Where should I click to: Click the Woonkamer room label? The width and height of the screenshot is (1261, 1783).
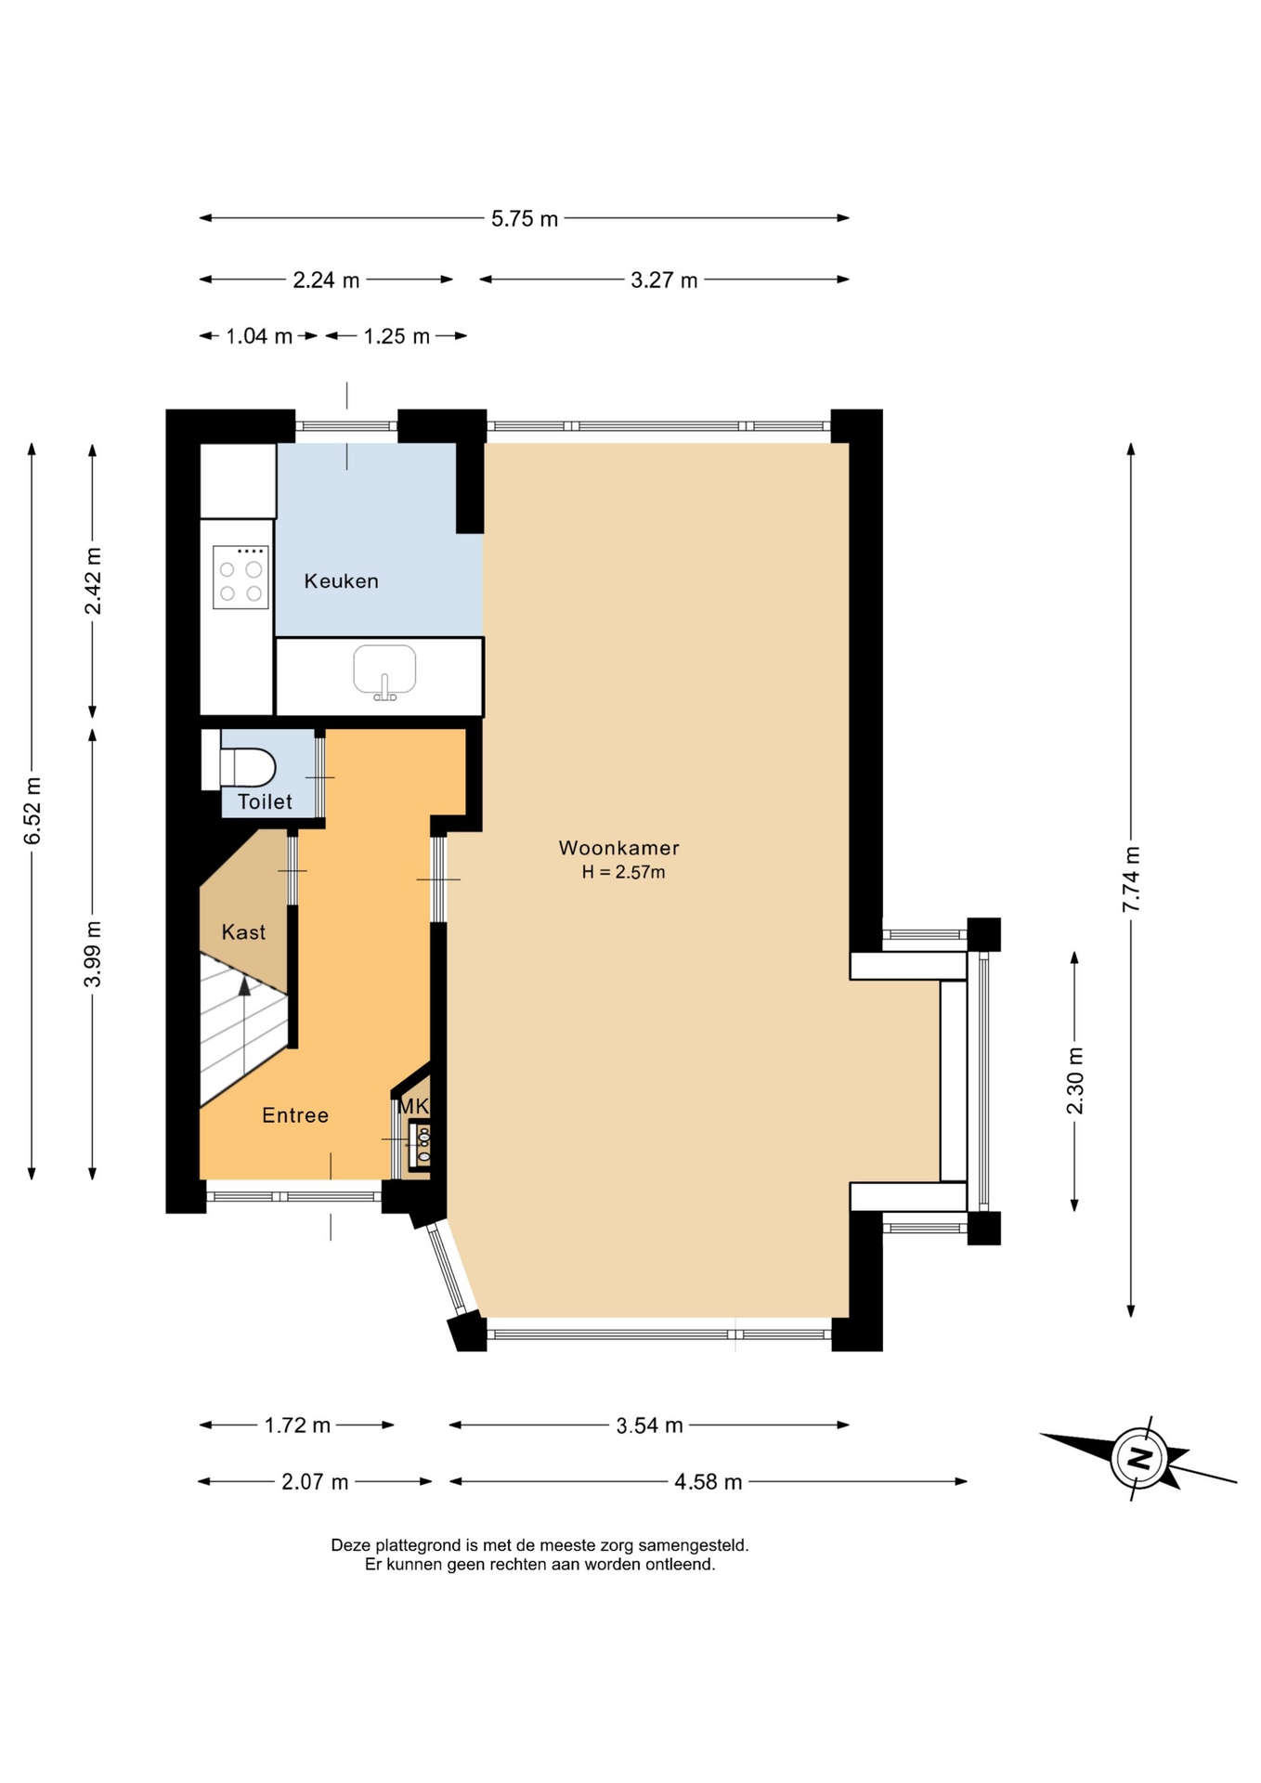618,848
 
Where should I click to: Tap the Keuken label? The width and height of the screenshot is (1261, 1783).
342,581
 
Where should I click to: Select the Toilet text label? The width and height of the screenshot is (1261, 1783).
265,801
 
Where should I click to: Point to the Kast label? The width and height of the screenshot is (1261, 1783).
243,932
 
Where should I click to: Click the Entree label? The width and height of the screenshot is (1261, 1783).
295,1115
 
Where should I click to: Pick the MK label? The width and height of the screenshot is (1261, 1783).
413,1107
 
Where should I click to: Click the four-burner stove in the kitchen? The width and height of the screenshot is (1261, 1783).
240,578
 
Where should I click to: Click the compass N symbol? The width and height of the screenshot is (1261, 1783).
1138,1457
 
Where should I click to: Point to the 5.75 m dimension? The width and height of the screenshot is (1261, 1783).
525,219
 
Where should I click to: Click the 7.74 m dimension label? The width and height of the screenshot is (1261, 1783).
1131,878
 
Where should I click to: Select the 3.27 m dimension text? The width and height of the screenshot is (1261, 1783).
664,280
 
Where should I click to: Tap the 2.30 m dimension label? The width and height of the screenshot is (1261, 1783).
1075,1081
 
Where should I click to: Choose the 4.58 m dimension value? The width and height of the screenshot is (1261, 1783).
708,1482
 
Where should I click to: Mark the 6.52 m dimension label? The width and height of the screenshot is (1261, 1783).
32,811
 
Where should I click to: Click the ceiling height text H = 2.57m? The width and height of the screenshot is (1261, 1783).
624,872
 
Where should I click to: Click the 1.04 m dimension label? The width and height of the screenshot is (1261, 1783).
259,336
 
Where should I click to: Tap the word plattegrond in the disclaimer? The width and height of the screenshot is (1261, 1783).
416,1545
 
